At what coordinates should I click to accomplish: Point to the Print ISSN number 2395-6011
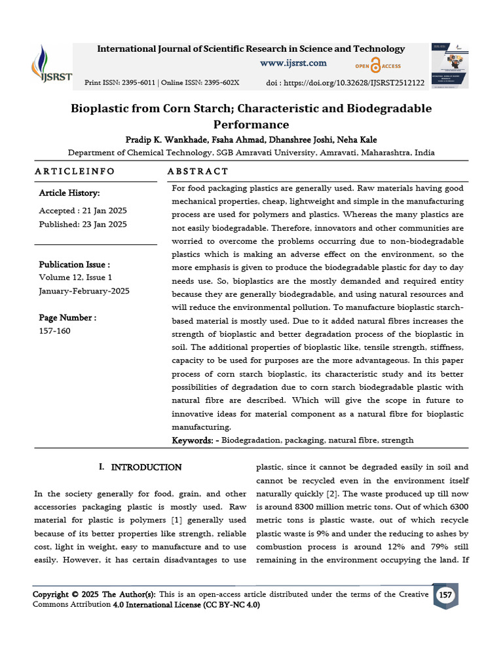134,83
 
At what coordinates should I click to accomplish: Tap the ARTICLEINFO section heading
74,171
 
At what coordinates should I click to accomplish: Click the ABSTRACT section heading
198,171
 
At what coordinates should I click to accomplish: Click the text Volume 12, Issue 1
75,277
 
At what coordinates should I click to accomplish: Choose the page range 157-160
54,330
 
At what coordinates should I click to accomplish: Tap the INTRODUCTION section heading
146,467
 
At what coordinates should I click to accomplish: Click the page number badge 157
446,595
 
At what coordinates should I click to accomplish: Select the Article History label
69,193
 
